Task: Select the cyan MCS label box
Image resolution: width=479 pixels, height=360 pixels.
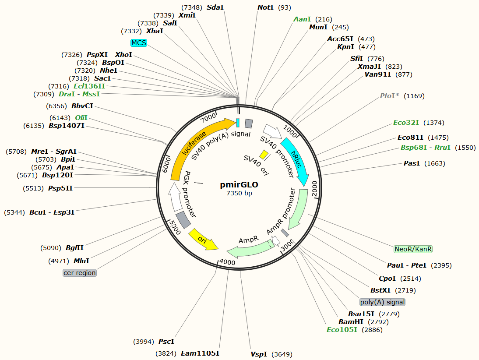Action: tap(139, 42)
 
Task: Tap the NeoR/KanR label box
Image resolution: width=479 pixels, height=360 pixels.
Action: tap(413, 249)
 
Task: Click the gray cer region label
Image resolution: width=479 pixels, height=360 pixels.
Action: tap(79, 272)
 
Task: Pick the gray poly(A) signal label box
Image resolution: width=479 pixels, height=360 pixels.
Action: tap(382, 302)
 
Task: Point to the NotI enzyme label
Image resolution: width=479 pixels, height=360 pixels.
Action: tap(265, 7)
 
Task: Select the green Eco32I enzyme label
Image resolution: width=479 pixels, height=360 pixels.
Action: tap(406, 123)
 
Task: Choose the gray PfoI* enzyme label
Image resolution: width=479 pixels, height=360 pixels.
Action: tap(389, 95)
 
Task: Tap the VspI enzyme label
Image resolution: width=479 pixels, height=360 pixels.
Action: tap(259, 354)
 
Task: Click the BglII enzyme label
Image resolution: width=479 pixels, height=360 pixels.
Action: tap(74, 248)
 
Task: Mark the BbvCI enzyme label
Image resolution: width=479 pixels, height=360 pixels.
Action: tap(82, 106)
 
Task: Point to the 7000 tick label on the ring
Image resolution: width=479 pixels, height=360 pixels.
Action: tap(208, 117)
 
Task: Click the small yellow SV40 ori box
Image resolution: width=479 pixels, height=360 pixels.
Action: tap(264, 154)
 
